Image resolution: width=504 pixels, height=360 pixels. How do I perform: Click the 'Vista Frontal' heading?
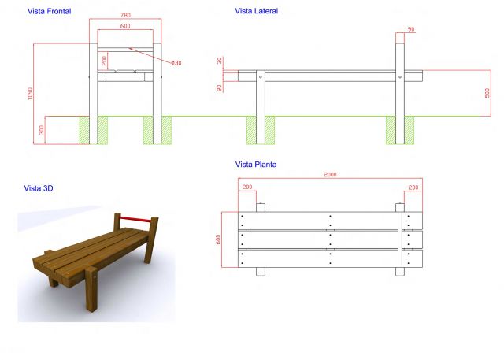[49, 11]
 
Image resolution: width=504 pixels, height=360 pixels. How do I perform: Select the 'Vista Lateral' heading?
[256, 11]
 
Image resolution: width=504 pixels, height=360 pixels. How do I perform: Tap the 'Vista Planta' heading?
[256, 165]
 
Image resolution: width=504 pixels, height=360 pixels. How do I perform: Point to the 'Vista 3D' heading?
[39, 188]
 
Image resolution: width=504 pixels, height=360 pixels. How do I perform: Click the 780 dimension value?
[125, 15]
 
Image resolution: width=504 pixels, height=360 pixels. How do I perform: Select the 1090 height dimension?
[30, 94]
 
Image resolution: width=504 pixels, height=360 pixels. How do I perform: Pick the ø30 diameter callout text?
[176, 63]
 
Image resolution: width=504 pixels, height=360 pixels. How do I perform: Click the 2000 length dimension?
[330, 175]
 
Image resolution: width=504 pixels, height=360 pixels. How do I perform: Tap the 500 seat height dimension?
[487, 93]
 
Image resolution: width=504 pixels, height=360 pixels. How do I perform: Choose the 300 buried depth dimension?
[41, 130]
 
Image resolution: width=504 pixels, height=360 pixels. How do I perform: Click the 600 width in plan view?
[218, 239]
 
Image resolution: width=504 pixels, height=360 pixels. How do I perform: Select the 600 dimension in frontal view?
[125, 26]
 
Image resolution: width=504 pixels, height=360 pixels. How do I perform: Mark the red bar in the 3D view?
[135, 220]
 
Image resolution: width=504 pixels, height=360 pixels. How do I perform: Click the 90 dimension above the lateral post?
[411, 29]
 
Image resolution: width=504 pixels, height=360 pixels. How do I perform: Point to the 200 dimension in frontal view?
[104, 61]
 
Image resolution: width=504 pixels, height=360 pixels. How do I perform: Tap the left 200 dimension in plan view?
[247, 187]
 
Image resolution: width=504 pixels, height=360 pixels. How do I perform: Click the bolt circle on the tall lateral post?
[400, 77]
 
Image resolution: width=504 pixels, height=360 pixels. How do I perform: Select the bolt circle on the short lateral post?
[261, 77]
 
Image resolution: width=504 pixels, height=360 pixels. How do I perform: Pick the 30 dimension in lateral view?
[220, 61]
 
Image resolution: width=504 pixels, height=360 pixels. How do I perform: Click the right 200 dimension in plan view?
[413, 187]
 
